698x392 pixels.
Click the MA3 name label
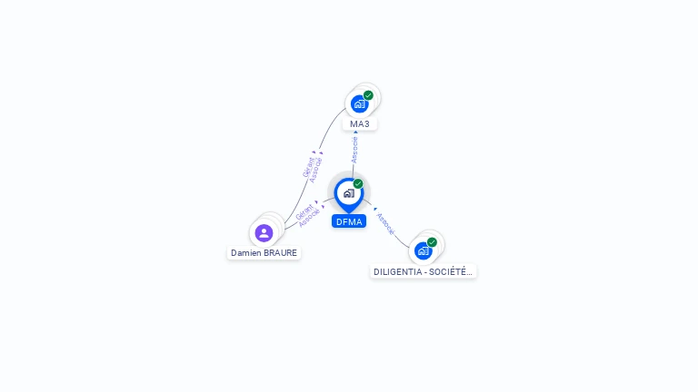click(360, 123)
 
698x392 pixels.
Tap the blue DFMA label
click(348, 221)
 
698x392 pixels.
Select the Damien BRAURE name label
click(264, 253)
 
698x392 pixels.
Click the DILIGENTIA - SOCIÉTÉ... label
click(424, 271)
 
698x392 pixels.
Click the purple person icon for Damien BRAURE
click(264, 233)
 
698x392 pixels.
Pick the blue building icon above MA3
click(359, 104)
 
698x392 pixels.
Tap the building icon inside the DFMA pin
click(348, 193)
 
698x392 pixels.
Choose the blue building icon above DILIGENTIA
click(423, 250)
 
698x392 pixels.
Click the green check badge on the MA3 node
click(368, 95)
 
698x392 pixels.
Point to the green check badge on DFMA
click(358, 184)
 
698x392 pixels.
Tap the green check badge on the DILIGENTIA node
click(432, 242)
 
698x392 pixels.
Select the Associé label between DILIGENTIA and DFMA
click(385, 223)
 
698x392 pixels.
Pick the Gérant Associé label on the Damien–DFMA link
click(307, 214)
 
